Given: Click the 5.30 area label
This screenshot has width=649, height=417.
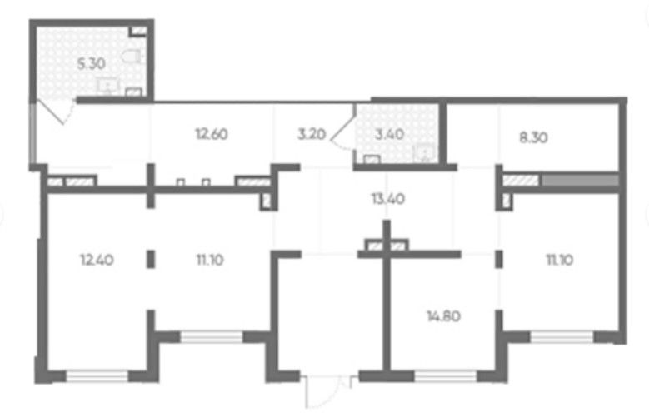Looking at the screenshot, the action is [x=92, y=64].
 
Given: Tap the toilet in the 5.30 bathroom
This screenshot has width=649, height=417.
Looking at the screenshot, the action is [x=132, y=57].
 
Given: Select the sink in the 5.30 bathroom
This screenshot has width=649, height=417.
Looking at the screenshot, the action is [x=108, y=86].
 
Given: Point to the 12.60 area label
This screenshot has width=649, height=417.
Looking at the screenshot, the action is [x=212, y=134].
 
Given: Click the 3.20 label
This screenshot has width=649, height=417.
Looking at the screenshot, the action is [x=312, y=134].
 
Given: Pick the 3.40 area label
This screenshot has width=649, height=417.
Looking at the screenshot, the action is [x=389, y=134].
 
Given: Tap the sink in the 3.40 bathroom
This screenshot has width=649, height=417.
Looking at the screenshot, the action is [x=424, y=153].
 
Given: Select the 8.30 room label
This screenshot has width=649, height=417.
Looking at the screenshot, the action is [x=533, y=137].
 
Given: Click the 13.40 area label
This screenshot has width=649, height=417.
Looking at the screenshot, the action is [x=388, y=199].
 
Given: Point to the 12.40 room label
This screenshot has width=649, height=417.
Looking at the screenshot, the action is [x=97, y=260].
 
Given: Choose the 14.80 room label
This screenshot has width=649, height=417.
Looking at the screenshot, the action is [x=443, y=316].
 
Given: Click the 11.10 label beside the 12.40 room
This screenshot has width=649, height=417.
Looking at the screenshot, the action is [x=210, y=260].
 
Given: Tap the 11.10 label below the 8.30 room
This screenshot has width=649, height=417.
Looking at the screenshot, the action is [x=560, y=260].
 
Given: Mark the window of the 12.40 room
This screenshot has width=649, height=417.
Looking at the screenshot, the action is [x=97, y=376].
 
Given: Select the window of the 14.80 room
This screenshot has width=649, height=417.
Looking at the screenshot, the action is [x=446, y=376].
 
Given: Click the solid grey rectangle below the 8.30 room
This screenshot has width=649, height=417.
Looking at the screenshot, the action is [x=581, y=181].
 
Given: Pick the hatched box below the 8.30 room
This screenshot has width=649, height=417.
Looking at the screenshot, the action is [x=521, y=181].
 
